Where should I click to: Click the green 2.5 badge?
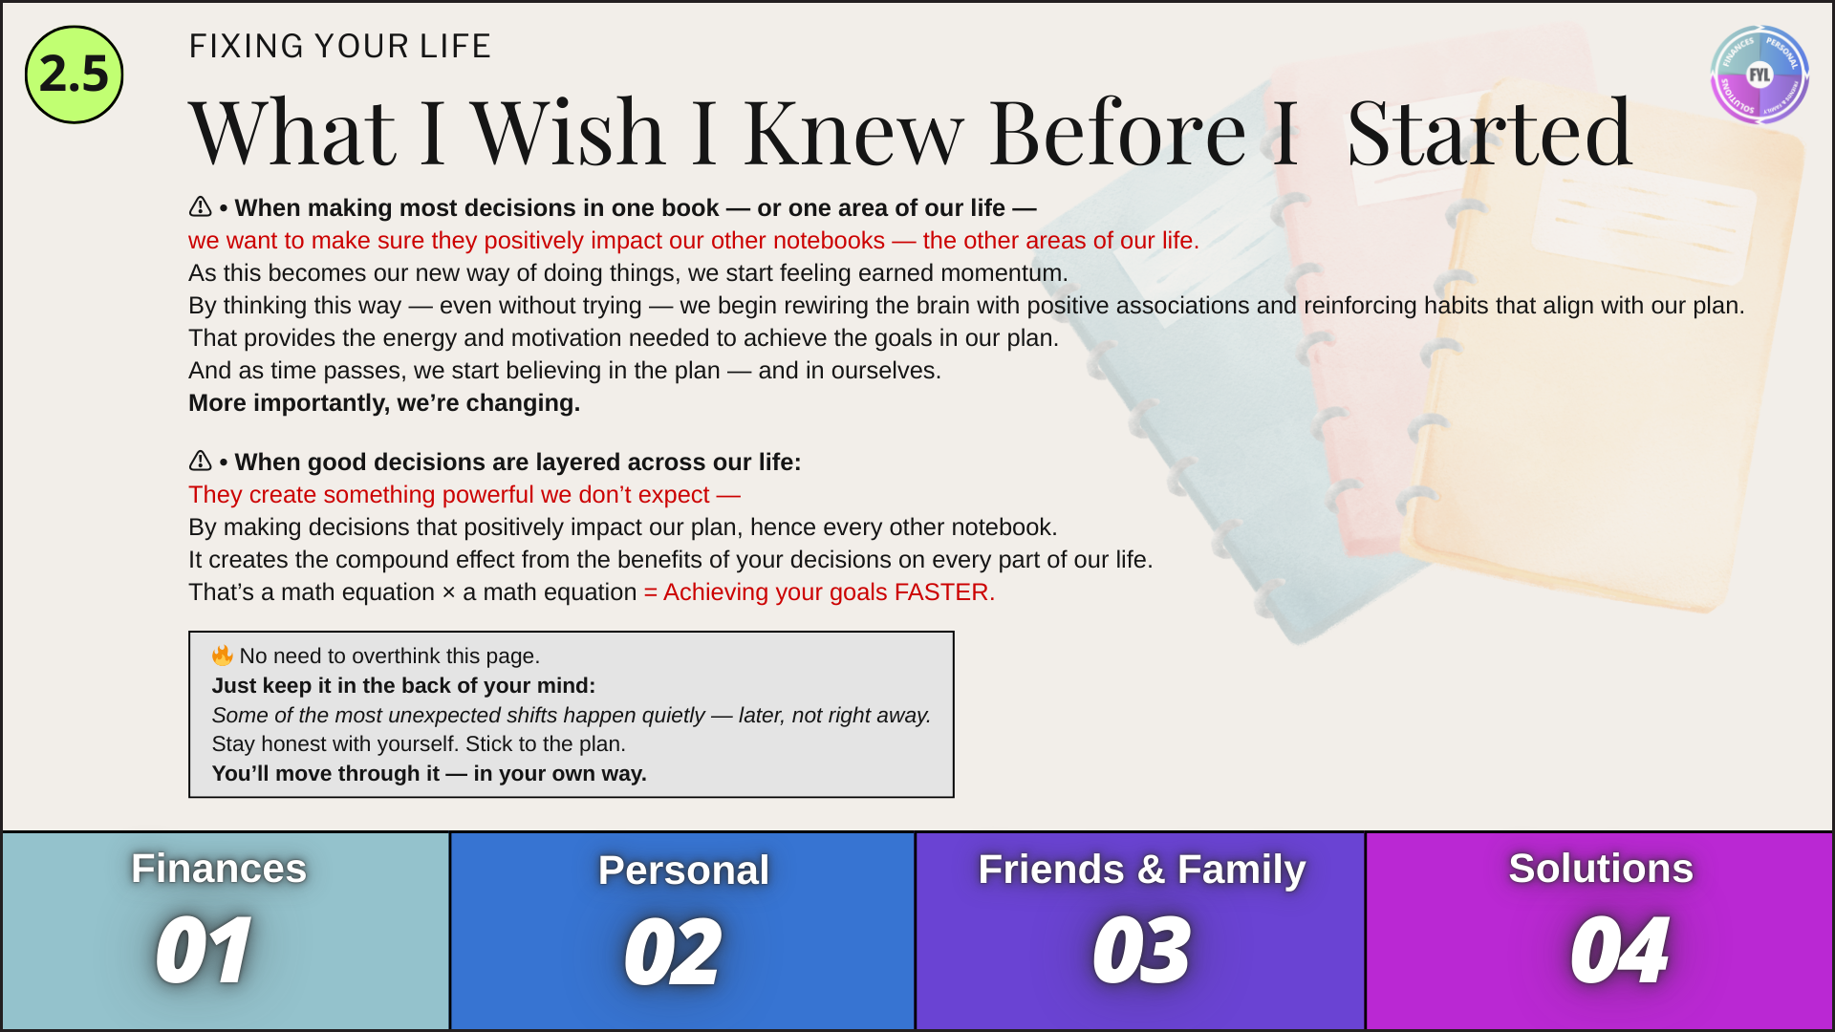pos(75,75)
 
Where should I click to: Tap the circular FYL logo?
pos(1759,75)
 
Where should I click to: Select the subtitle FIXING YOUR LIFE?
pos(339,46)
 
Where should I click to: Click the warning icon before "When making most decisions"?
pos(200,206)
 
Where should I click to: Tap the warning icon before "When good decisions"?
pos(200,461)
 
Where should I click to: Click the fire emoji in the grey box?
pos(223,655)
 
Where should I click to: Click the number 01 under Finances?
pos(204,950)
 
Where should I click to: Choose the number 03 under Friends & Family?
pos(1141,950)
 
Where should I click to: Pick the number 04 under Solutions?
pos(1619,950)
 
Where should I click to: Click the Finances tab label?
pos(219,869)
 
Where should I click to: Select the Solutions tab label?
pos(1601,869)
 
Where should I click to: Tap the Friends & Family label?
pos(1142,870)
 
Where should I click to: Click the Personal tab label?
pos(683,871)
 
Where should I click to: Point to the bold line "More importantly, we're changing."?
pos(384,403)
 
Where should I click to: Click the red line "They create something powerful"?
pos(464,495)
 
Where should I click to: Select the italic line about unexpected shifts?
pos(572,715)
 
